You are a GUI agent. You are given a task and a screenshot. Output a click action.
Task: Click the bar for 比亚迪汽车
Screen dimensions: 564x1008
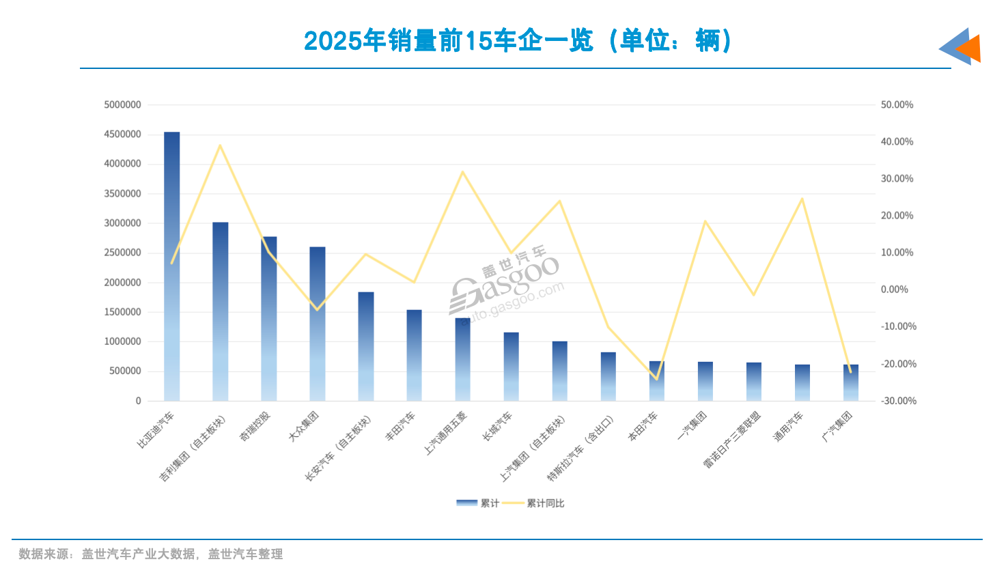click(171, 266)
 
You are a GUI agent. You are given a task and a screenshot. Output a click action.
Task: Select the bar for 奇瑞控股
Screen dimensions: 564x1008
click(268, 319)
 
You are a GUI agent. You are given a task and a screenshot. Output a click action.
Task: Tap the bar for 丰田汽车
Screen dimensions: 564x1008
click(414, 355)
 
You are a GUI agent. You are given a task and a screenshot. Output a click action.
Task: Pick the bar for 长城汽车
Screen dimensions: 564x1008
click(511, 367)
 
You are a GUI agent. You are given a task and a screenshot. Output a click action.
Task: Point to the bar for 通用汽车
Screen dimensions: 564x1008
click(802, 382)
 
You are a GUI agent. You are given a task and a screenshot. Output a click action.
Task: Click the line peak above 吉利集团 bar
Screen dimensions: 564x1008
click(220, 145)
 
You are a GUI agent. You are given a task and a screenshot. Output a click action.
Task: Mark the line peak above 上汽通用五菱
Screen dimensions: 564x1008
click(462, 172)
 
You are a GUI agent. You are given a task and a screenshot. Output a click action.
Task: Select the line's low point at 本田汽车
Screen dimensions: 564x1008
click(656, 378)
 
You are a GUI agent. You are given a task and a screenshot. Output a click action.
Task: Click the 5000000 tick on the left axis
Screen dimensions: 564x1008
click(123, 104)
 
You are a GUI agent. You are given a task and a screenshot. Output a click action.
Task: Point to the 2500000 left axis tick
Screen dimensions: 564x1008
click(123, 253)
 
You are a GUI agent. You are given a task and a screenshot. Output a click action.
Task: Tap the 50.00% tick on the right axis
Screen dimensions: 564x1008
click(897, 104)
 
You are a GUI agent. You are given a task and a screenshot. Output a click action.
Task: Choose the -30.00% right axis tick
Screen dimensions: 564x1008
click(898, 401)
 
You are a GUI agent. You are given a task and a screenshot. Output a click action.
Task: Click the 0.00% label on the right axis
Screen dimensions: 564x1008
click(894, 290)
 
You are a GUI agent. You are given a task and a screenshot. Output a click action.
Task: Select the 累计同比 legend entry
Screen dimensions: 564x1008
click(545, 503)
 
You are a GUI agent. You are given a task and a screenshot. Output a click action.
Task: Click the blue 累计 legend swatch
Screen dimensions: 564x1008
click(466, 503)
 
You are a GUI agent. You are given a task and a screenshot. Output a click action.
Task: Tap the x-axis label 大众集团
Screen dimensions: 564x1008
click(304, 426)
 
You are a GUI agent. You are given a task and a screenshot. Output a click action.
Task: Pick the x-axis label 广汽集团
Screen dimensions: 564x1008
click(837, 426)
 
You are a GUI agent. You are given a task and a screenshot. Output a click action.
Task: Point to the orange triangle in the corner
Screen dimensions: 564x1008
click(970, 48)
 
